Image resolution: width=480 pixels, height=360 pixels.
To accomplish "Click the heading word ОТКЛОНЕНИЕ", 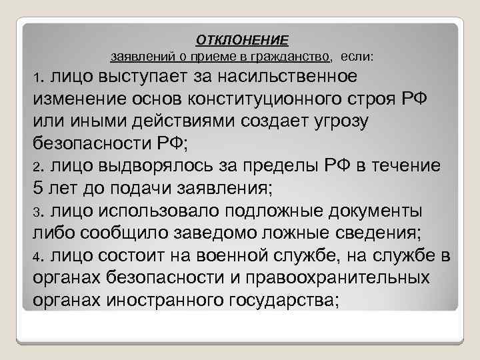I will coord(242,40).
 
